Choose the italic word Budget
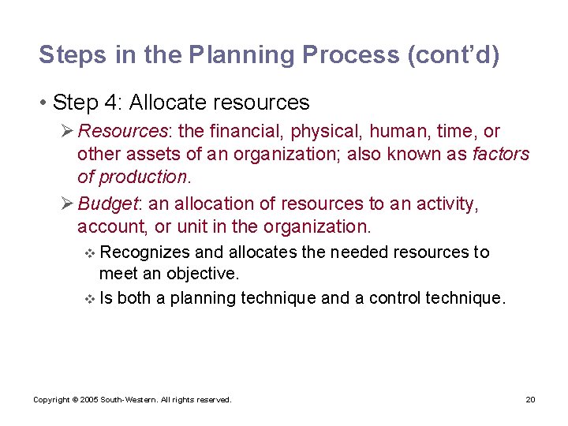pos(107,204)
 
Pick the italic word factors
pos(501,154)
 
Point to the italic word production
pos(144,177)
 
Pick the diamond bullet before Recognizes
pos(89,253)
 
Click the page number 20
pos(530,400)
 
